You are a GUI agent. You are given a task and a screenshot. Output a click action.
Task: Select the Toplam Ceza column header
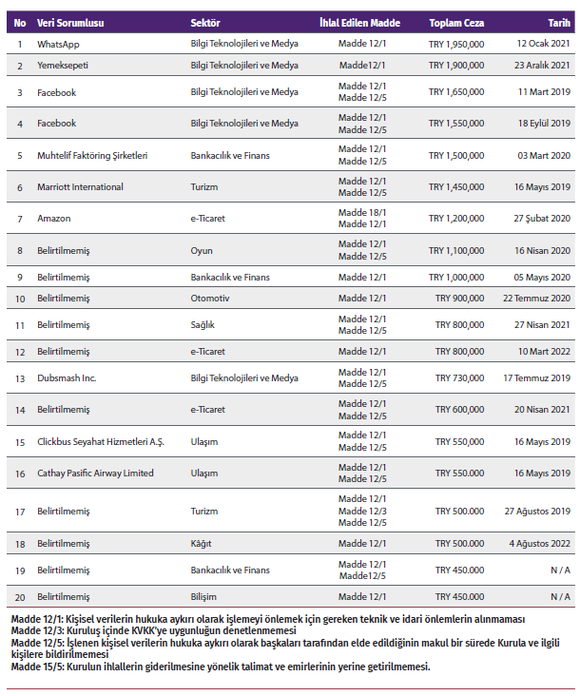point(456,22)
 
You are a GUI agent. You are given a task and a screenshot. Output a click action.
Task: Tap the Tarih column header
point(559,22)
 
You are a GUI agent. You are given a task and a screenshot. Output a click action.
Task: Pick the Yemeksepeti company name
point(65,66)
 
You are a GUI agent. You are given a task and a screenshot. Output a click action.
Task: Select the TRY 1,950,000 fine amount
point(456,45)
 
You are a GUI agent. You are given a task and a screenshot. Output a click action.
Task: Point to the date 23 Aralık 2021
point(542,66)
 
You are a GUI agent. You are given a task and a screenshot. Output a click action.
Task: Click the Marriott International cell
point(80,186)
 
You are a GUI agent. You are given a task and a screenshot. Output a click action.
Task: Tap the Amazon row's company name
point(54,218)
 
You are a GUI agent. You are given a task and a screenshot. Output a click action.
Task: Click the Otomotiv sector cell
point(208,298)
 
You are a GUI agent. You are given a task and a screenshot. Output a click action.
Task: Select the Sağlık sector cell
point(203,325)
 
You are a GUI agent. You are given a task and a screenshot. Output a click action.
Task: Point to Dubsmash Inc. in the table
point(67,377)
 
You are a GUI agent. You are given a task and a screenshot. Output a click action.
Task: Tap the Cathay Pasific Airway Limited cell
point(95,474)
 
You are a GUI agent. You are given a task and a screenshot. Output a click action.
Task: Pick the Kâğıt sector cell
point(201,544)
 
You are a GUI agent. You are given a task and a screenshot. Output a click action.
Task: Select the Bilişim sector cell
point(203,596)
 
